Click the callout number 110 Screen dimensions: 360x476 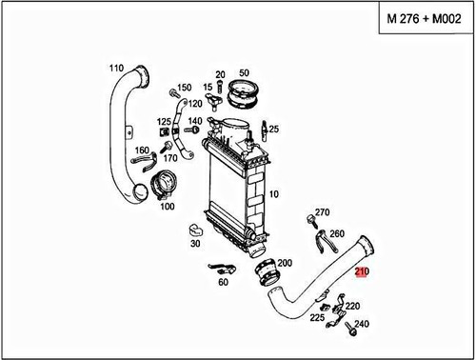click(116, 68)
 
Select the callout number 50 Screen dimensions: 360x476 click(244, 73)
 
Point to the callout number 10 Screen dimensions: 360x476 click(274, 194)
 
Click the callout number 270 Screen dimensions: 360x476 click(322, 212)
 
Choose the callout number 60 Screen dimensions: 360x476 click(224, 283)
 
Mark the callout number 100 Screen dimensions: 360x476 click(167, 206)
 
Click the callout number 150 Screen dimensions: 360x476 click(185, 88)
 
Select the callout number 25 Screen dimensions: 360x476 click(273, 129)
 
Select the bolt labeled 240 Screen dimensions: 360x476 click(350, 333)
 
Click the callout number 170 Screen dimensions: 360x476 click(170, 158)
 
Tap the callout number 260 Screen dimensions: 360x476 click(336, 233)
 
